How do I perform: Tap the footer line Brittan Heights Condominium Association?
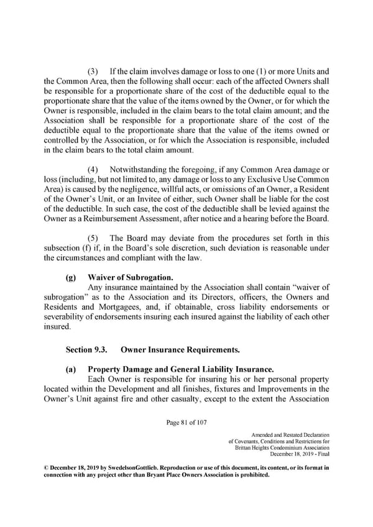(x=282, y=448)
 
